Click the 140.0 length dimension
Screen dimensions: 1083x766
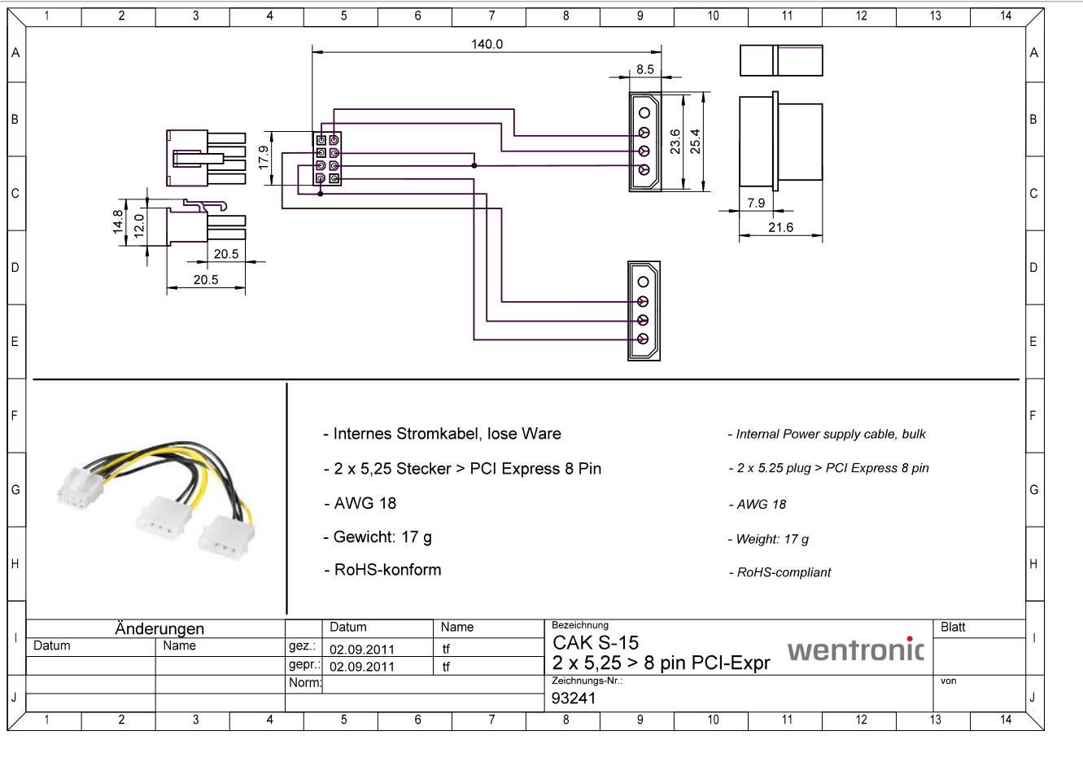pos(487,44)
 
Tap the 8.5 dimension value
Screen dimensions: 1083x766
pos(645,69)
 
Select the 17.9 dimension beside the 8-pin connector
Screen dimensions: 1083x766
pos(263,158)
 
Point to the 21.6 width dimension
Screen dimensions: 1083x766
pos(781,227)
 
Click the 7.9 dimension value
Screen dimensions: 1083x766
pos(756,203)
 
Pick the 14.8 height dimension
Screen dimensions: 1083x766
pos(117,222)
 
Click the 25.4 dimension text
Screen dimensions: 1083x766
pos(695,141)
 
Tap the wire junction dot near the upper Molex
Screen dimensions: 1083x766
pos(474,165)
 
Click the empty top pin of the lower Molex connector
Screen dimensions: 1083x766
pos(643,282)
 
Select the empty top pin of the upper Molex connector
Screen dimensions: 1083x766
pos(644,112)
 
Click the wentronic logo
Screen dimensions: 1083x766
pos(855,649)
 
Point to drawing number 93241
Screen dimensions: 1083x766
pos(574,698)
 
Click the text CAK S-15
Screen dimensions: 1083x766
pos(596,643)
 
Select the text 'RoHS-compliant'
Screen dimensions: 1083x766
pos(784,572)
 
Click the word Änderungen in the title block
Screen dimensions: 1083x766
pos(159,628)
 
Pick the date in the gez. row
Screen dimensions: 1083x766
pos(361,649)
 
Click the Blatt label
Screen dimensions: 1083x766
pos(953,627)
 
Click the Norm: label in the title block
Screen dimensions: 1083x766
pos(305,682)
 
